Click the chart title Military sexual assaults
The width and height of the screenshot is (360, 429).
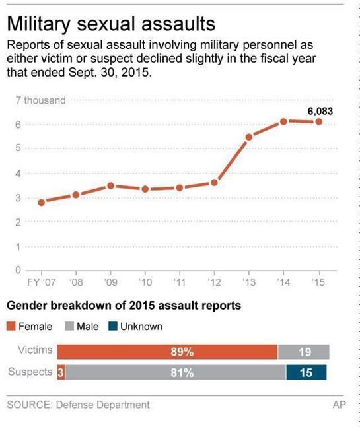(111, 24)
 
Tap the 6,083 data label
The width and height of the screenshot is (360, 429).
(320, 111)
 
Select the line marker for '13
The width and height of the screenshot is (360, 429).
(249, 137)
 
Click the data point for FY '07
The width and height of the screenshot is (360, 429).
(42, 202)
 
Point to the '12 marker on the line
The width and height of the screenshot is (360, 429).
(214, 182)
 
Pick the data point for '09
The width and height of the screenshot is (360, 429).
(111, 185)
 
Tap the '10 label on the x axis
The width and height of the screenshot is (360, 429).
(145, 282)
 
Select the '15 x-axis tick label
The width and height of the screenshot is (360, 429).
(319, 282)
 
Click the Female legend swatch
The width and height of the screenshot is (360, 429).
(11, 326)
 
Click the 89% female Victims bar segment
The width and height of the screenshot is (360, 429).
(167, 352)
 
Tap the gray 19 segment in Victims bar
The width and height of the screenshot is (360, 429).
(303, 352)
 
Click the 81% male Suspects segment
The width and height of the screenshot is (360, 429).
(175, 372)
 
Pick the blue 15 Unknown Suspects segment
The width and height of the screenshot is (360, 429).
(306, 372)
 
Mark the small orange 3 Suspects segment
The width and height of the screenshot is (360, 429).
(61, 372)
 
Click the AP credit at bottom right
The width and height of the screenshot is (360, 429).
(339, 404)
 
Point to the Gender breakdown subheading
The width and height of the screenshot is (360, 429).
(124, 306)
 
